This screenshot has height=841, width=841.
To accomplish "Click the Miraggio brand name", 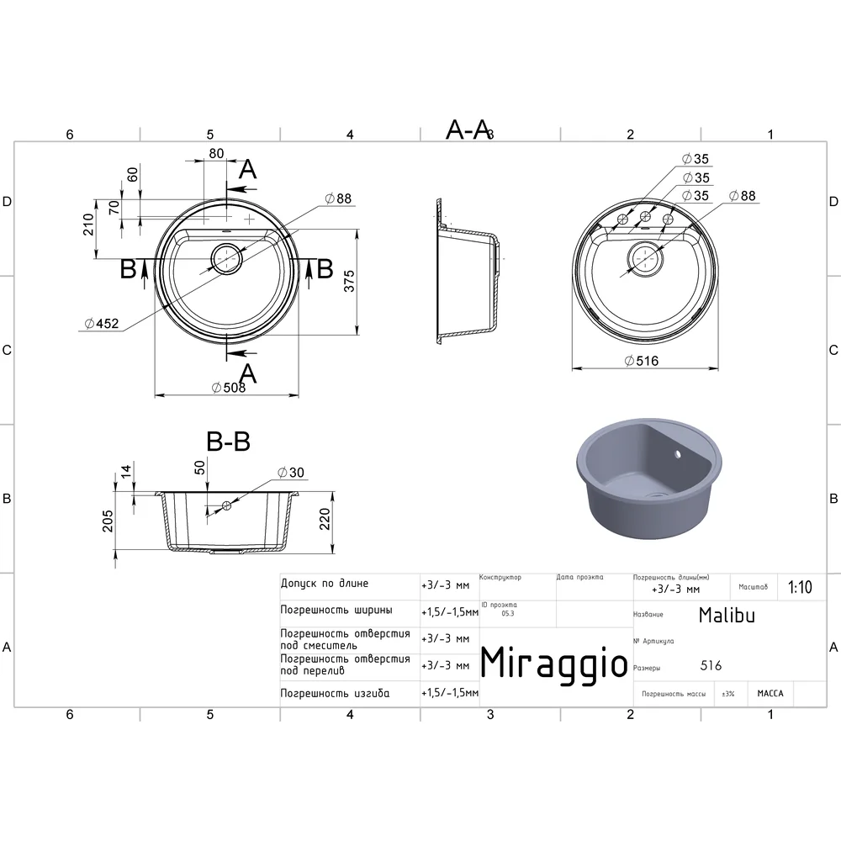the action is click(553, 664).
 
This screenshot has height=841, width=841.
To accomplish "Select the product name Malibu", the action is click(727, 616).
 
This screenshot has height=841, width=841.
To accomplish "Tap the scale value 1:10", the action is click(800, 587).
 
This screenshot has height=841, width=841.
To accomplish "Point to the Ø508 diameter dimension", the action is click(229, 387).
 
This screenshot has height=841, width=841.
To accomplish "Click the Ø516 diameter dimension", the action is click(642, 361).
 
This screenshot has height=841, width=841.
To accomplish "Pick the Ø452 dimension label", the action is click(102, 324).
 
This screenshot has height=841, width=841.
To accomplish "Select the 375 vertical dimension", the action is click(349, 281).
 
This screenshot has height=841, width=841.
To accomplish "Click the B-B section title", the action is click(229, 442).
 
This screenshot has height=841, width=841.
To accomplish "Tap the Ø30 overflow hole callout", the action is click(291, 473).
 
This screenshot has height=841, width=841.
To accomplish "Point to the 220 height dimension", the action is click(325, 519).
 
